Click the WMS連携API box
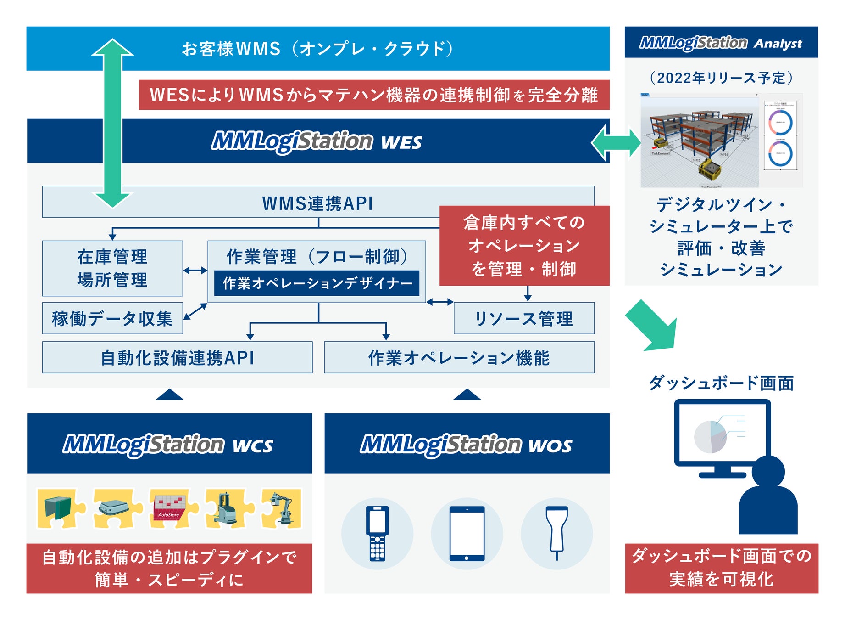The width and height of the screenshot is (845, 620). (317, 203)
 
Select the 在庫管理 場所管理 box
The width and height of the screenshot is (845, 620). (112, 268)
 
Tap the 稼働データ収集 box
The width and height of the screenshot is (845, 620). (112, 318)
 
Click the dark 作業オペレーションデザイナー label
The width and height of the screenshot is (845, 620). (317, 283)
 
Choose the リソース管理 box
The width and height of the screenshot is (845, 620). (524, 318)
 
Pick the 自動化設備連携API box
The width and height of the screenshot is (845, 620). (177, 357)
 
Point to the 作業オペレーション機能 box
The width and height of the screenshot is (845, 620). (459, 357)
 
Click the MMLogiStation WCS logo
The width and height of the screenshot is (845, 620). (168, 444)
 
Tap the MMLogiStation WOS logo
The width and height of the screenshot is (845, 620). (467, 444)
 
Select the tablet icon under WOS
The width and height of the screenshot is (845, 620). (467, 534)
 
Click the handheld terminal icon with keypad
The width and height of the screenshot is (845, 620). (377, 534)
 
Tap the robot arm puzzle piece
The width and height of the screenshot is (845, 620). (281, 508)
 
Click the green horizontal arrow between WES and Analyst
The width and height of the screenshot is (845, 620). (616, 143)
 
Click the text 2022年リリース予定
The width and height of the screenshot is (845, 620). (721, 78)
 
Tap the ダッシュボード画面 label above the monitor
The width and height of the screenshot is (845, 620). (721, 383)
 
